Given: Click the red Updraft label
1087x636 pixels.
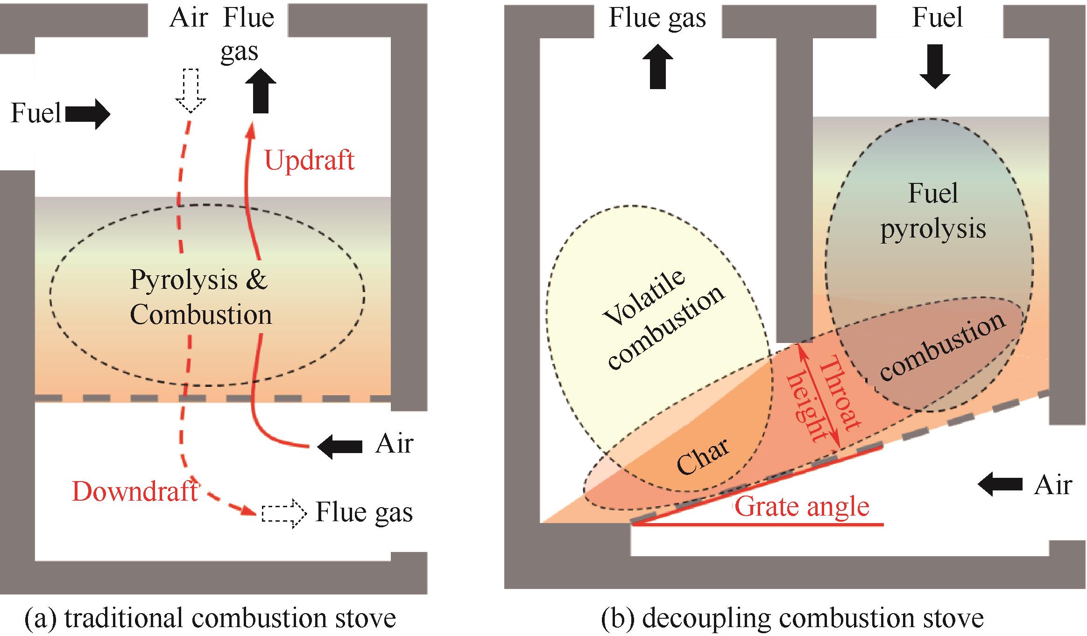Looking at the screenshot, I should click(310, 160).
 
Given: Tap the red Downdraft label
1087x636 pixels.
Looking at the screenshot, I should click(135, 491).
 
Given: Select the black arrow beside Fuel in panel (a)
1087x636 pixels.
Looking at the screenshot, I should click(88, 114).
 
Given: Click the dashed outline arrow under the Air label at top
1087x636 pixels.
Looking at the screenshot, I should click(191, 91).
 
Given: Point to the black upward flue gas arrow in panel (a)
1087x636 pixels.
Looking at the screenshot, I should click(261, 91).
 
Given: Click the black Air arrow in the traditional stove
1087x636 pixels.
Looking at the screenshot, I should click(340, 447).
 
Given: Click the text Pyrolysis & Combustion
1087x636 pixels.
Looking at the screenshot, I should click(200, 297).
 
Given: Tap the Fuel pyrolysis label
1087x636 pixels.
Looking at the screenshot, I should click(933, 211).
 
